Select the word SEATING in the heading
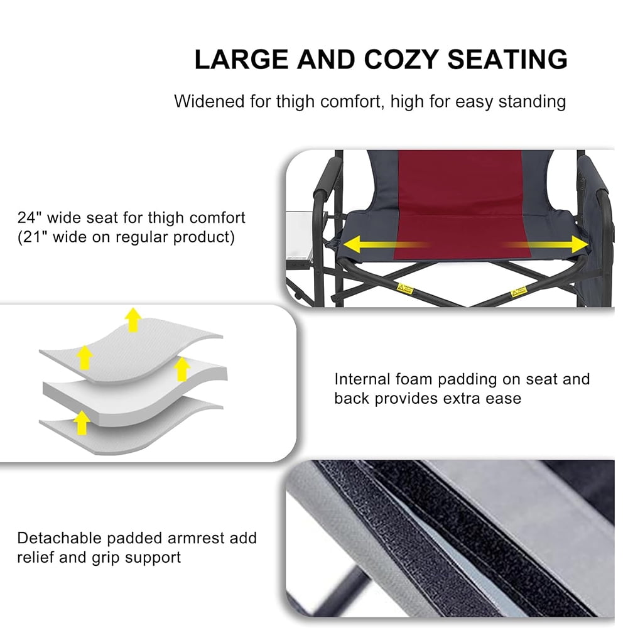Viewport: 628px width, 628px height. point(507,60)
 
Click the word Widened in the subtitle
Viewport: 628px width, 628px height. point(205,101)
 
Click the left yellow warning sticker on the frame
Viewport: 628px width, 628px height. point(405,290)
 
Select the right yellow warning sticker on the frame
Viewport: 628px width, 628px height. point(518,291)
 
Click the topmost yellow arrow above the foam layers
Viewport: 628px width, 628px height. point(132,319)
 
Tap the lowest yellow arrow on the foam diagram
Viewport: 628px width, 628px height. point(80,422)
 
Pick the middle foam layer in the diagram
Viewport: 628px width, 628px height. point(132,386)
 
